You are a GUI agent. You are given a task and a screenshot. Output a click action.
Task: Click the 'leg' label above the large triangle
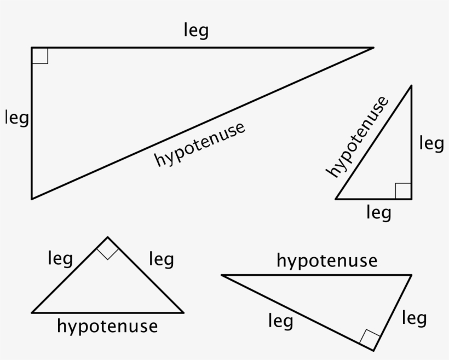point(196,31)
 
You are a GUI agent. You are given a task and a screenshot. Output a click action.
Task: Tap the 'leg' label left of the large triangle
point(16,118)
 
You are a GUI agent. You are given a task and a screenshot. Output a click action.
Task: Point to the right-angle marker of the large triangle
point(40,56)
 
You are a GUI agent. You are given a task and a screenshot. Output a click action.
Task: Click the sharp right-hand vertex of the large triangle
point(373,48)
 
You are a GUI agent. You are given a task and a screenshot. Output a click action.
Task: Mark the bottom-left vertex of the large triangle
point(32,199)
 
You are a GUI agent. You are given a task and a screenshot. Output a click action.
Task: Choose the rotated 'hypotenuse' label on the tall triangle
point(357,137)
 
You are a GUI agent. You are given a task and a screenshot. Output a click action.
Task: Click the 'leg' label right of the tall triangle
point(431,144)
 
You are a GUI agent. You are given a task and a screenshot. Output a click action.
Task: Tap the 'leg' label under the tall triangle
point(378,212)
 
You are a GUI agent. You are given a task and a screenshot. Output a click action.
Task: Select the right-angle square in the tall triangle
point(403,191)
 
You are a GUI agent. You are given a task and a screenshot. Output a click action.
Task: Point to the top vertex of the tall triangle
point(411,86)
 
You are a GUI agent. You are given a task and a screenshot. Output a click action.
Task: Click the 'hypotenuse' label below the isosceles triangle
point(107,327)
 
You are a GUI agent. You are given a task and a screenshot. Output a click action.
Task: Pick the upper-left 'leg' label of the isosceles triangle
point(60,258)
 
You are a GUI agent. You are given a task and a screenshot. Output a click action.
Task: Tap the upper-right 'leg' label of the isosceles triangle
point(161,259)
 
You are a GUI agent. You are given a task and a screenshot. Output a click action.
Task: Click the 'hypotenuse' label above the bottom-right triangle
point(327,261)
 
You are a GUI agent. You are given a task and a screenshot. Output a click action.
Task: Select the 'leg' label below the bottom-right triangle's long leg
point(280,321)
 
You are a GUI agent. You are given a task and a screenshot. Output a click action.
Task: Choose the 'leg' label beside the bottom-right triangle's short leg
point(414,318)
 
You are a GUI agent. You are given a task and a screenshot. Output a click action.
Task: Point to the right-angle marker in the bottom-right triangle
point(370,338)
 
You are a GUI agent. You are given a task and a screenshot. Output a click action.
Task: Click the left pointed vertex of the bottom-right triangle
point(222,275)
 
